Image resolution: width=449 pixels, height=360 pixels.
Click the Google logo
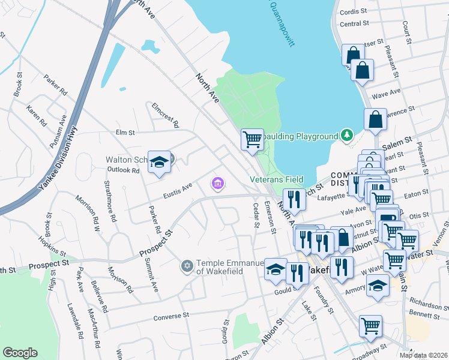tap(20, 353)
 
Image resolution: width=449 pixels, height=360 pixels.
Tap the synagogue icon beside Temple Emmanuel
tap(187, 265)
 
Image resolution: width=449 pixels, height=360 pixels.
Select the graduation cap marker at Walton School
tap(159, 163)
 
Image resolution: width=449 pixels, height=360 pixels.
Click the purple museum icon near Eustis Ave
tap(217, 183)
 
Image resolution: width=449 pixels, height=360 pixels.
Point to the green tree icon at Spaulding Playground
tap(346, 136)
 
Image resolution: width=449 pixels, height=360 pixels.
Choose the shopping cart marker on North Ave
tap(253, 140)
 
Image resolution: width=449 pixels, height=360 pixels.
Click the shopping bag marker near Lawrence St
tap(375, 119)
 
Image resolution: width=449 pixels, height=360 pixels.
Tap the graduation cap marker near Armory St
tap(378, 286)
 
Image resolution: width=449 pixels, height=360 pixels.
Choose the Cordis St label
tap(353, 11)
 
